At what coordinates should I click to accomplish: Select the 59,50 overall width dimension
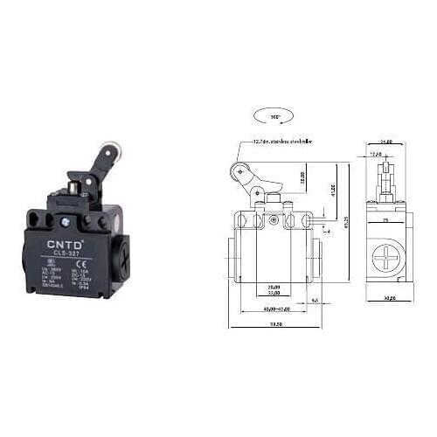click(276, 324)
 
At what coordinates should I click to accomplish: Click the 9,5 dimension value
click(314, 299)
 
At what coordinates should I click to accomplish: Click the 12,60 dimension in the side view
click(378, 154)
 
